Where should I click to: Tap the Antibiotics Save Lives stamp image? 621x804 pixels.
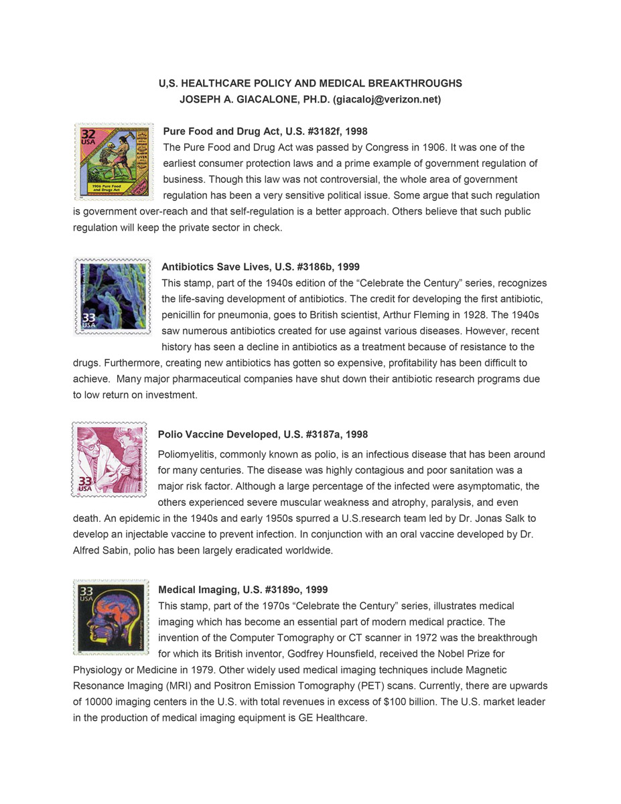[x=113, y=296]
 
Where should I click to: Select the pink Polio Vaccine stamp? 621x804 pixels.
[x=109, y=460]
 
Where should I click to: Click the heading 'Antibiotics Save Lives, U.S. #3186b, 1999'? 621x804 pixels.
[x=261, y=267]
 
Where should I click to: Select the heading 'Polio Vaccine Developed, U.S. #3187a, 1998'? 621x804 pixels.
[x=263, y=435]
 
